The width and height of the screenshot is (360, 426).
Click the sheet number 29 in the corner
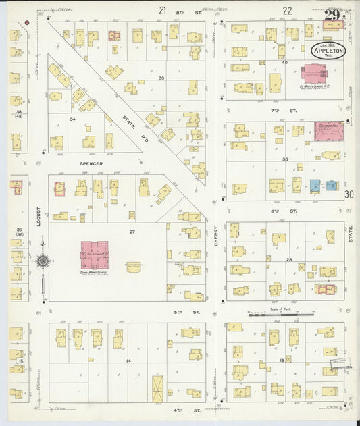[x=332, y=17]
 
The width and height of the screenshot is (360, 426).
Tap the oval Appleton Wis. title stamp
[x=328, y=51]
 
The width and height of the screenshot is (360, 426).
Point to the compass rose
[x=42, y=261]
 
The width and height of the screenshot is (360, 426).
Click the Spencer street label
[x=91, y=163]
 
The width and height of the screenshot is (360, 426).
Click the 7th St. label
[x=292, y=110]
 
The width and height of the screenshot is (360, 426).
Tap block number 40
[x=285, y=63]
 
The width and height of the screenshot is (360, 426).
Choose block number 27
[x=124, y=231]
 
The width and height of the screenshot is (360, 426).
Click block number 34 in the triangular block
[x=72, y=119]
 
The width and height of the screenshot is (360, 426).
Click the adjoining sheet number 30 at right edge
[x=349, y=194]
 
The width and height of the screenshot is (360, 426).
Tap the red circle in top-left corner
[x=26, y=22]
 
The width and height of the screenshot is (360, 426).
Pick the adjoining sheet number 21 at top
[x=162, y=10]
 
